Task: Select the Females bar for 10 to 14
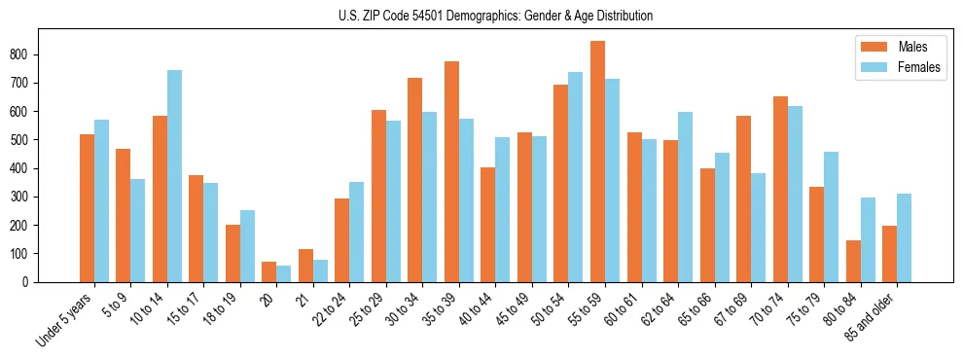(x=174, y=176)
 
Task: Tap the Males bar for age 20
(x=269, y=271)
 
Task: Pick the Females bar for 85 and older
(x=904, y=237)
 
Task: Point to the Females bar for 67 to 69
(x=758, y=228)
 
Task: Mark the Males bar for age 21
(x=305, y=266)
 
